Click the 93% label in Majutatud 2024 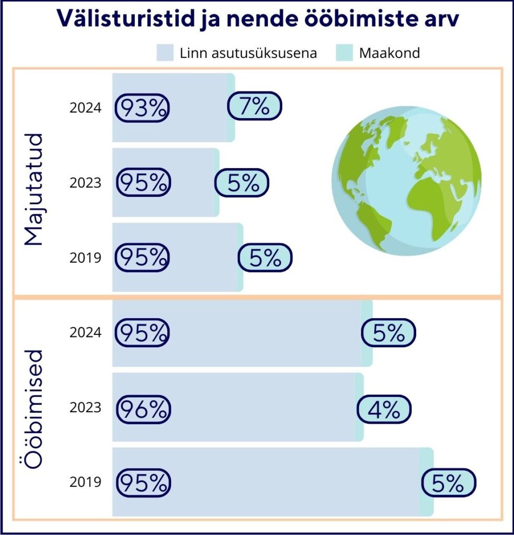[x=142, y=108]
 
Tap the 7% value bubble [x=254, y=107]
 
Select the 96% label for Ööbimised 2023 [x=142, y=409]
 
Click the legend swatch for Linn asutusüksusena [x=165, y=53]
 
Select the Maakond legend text [x=390, y=53]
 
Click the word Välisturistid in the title [x=120, y=19]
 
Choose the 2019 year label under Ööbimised [x=85, y=482]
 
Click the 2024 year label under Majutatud [x=85, y=108]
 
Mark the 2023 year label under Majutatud [x=85, y=183]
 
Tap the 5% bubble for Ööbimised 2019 [x=448, y=483]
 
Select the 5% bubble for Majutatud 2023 [x=242, y=183]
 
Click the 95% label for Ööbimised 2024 [x=142, y=333]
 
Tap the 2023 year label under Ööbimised [x=85, y=407]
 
